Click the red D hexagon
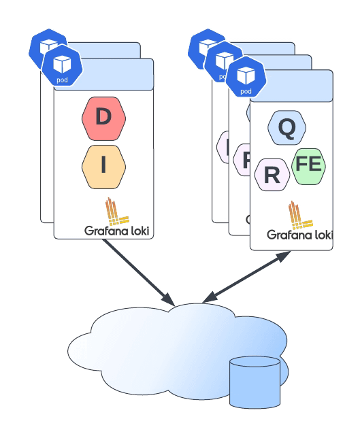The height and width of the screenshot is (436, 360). [103, 117]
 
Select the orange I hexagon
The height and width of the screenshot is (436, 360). [103, 166]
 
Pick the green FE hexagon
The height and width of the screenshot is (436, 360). [308, 165]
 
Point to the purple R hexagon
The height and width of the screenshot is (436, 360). [272, 175]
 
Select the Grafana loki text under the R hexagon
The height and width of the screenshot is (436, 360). [299, 235]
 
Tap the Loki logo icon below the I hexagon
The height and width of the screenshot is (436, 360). [116, 212]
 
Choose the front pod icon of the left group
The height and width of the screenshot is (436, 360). [61, 67]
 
